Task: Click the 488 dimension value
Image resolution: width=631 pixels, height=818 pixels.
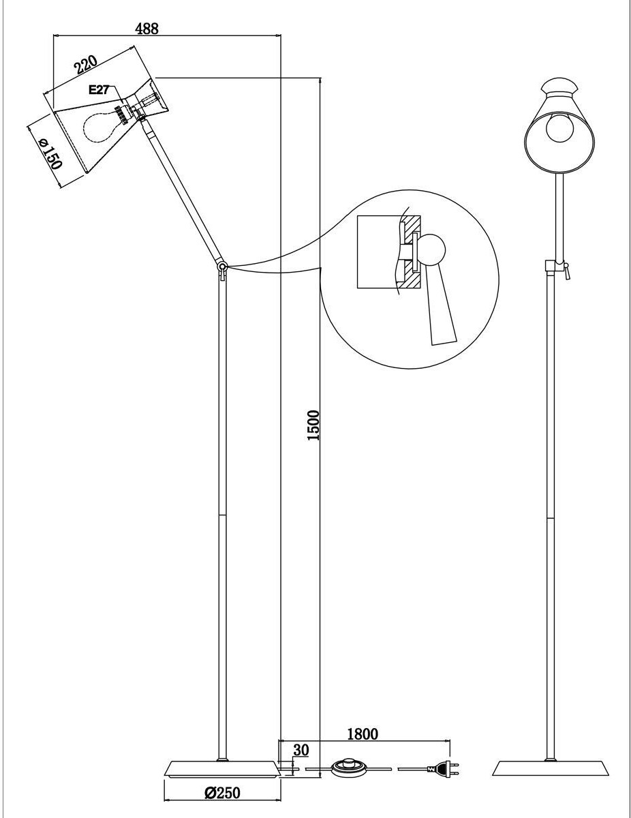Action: (147, 29)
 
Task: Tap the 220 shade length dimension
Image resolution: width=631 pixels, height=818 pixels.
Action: (85, 64)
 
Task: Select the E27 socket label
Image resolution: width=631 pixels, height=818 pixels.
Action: (99, 90)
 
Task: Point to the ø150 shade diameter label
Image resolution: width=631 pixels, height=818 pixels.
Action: (50, 153)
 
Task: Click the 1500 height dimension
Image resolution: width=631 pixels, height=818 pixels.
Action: (313, 425)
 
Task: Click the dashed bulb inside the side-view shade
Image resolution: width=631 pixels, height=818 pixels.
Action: (99, 123)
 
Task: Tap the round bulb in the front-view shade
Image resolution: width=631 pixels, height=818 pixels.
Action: (559, 127)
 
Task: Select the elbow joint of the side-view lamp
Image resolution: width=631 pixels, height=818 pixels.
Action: (222, 267)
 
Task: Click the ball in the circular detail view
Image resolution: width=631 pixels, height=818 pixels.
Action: (431, 249)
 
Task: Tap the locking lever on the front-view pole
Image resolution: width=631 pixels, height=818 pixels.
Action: (567, 271)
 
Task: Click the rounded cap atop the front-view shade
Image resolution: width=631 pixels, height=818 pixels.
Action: (559, 86)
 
